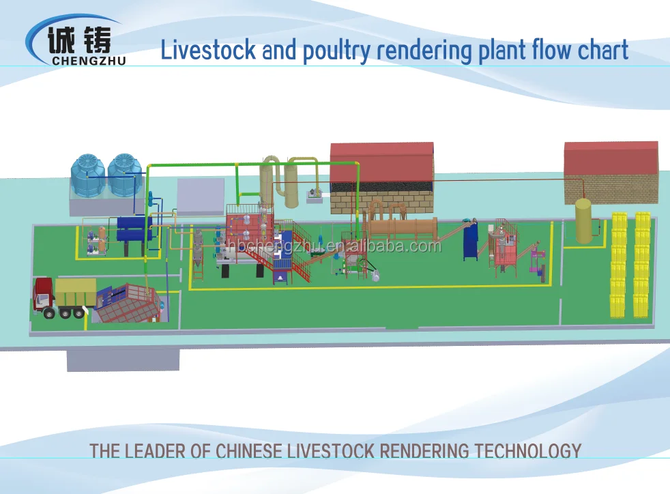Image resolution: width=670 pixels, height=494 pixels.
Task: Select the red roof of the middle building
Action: pos(382,160)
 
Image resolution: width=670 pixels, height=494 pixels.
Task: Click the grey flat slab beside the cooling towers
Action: pos(201,196)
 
